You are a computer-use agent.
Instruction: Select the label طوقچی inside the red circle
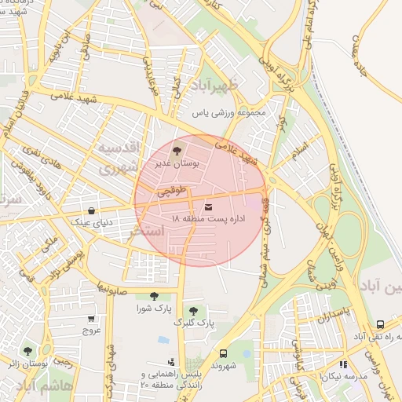(x=172, y=191)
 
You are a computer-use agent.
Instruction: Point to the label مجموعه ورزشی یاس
(x=233, y=112)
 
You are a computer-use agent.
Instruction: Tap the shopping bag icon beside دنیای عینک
(x=93, y=210)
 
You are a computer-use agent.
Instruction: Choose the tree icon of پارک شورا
(x=153, y=296)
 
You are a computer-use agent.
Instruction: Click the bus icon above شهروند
(x=223, y=353)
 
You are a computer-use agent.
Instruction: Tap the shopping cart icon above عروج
(x=92, y=319)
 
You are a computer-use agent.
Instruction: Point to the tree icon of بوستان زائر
(x=28, y=351)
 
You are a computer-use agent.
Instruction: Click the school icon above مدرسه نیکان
(x=343, y=364)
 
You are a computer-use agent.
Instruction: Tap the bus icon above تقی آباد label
(x=380, y=323)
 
